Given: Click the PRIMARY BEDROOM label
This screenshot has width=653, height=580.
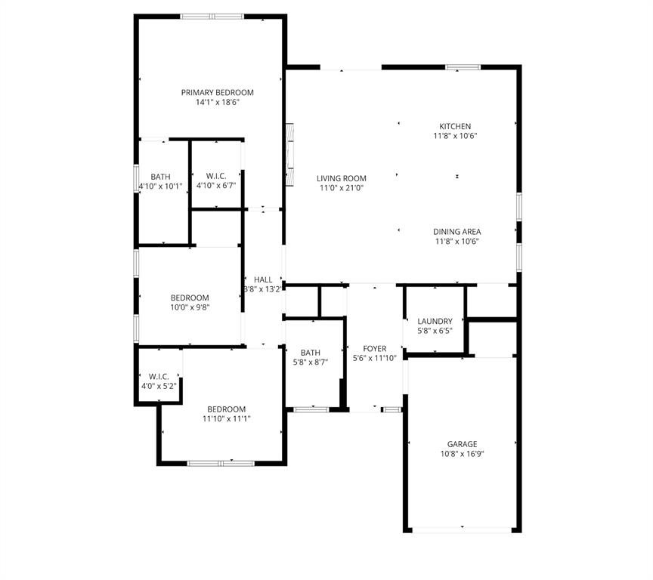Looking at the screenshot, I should pyautogui.click(x=217, y=92).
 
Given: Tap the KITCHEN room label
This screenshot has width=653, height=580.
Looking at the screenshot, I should pyautogui.click(x=455, y=126).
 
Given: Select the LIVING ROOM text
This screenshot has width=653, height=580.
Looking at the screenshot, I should pyautogui.click(x=341, y=178).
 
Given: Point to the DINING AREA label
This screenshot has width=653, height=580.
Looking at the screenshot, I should pyautogui.click(x=456, y=232).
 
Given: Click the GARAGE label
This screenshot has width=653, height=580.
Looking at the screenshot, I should pyautogui.click(x=462, y=444).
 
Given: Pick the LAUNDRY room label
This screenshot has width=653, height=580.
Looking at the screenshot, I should pyautogui.click(x=435, y=321).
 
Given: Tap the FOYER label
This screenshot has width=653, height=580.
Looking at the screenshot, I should pyautogui.click(x=375, y=348).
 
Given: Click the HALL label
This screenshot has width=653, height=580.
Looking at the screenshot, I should pyautogui.click(x=263, y=279).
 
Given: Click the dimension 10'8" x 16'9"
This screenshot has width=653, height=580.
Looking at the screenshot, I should pyautogui.click(x=462, y=454).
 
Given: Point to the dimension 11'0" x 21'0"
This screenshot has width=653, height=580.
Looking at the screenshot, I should pyautogui.click(x=341, y=188).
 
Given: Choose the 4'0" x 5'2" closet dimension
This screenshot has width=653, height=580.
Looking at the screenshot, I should pyautogui.click(x=159, y=386).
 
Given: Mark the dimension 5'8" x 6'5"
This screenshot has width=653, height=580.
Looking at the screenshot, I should pyautogui.click(x=435, y=331).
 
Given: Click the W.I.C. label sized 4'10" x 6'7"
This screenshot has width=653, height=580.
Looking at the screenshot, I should pyautogui.click(x=216, y=175).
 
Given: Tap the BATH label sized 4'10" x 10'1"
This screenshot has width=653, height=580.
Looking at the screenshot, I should pyautogui.click(x=160, y=176).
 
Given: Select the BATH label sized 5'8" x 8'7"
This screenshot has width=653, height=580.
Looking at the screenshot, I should pyautogui.click(x=310, y=353).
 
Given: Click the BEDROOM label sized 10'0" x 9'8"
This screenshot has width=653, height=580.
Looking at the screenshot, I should pyautogui.click(x=190, y=298).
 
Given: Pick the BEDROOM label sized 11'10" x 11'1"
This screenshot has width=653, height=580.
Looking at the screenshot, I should pyautogui.click(x=227, y=409).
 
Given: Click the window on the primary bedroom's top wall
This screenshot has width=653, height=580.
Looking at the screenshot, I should pyautogui.click(x=212, y=16).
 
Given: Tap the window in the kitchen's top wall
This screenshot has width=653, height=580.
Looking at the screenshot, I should pyautogui.click(x=463, y=67).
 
